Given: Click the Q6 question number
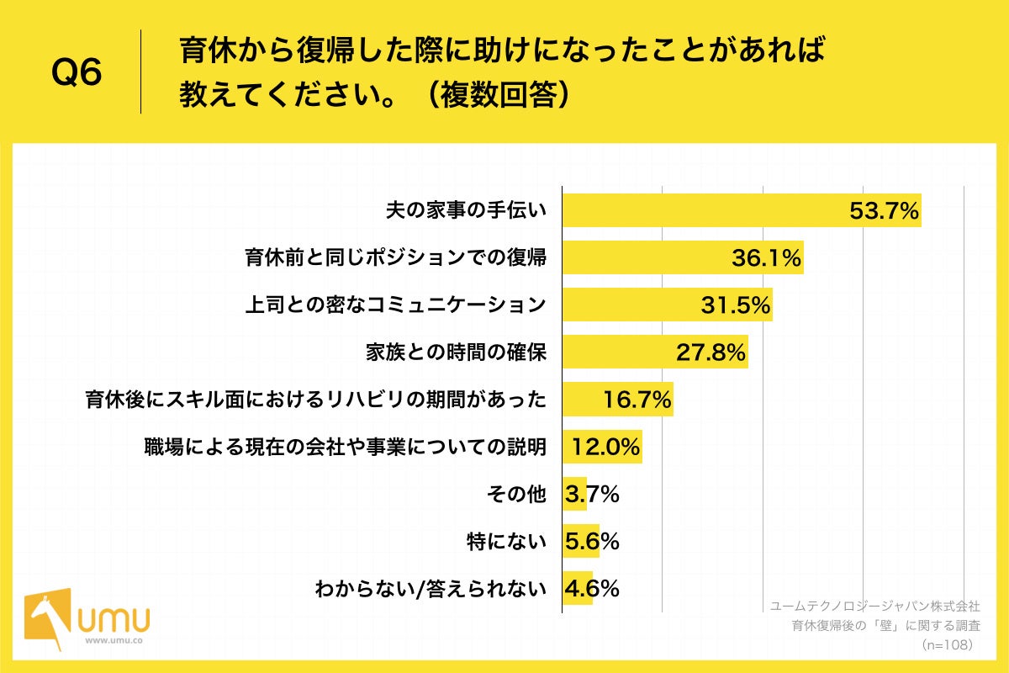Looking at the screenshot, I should [x=77, y=73].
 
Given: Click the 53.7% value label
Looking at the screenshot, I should [x=884, y=211].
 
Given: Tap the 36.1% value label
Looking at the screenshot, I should [x=766, y=258].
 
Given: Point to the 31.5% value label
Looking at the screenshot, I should [x=736, y=305].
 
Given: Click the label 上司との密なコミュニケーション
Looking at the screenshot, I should [x=395, y=305].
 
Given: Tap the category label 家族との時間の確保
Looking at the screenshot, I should [x=457, y=352].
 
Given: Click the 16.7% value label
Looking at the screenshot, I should [x=637, y=400].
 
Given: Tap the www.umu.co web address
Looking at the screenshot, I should [x=114, y=640].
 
